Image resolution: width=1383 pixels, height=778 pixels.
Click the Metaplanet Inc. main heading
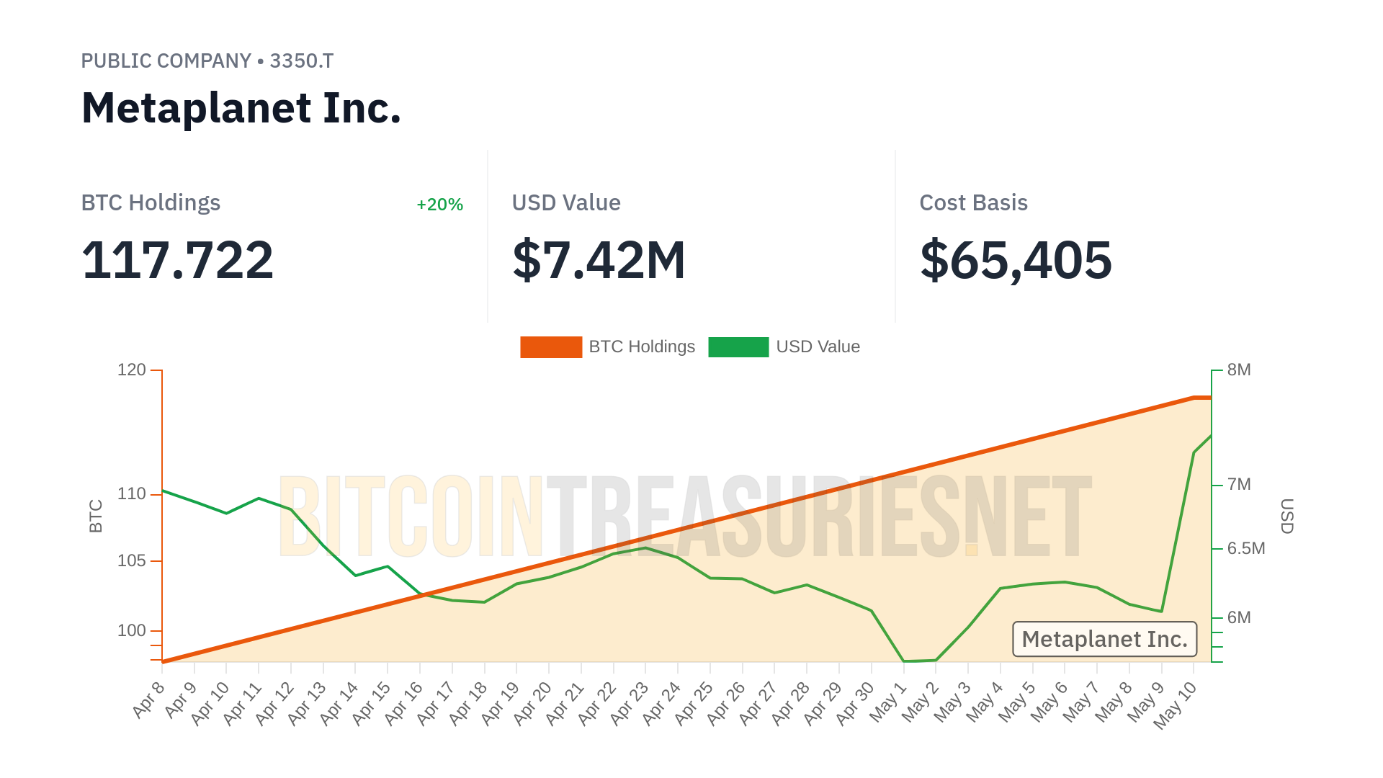coord(241,108)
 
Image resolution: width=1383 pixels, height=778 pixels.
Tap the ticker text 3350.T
coord(301,61)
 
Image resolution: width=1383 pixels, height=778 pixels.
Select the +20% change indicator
coord(439,205)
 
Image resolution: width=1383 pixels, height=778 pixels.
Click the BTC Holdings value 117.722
coord(177,260)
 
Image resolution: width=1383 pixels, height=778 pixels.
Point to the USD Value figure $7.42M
coord(599,260)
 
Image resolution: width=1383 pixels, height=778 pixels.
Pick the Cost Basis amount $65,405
coord(1016,260)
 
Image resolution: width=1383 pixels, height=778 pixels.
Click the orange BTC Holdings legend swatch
coord(550,347)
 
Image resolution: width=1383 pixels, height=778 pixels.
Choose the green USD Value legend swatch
coord(738,347)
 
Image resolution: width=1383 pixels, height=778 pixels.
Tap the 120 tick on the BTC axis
coord(132,370)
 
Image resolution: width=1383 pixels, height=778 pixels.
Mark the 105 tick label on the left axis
coord(132,560)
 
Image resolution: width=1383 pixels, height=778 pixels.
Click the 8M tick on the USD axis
coord(1239,370)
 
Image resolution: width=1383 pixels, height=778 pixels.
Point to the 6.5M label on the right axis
coord(1246,549)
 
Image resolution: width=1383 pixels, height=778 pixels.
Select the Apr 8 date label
coord(149,700)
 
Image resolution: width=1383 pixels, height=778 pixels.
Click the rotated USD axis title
coord(1287,516)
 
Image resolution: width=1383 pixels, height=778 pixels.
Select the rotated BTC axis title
coord(96,516)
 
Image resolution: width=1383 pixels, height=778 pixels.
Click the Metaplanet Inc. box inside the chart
coord(1104,639)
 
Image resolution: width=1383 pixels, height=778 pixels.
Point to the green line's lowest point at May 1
coord(904,661)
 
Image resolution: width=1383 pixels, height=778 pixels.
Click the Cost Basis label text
coord(973,203)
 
